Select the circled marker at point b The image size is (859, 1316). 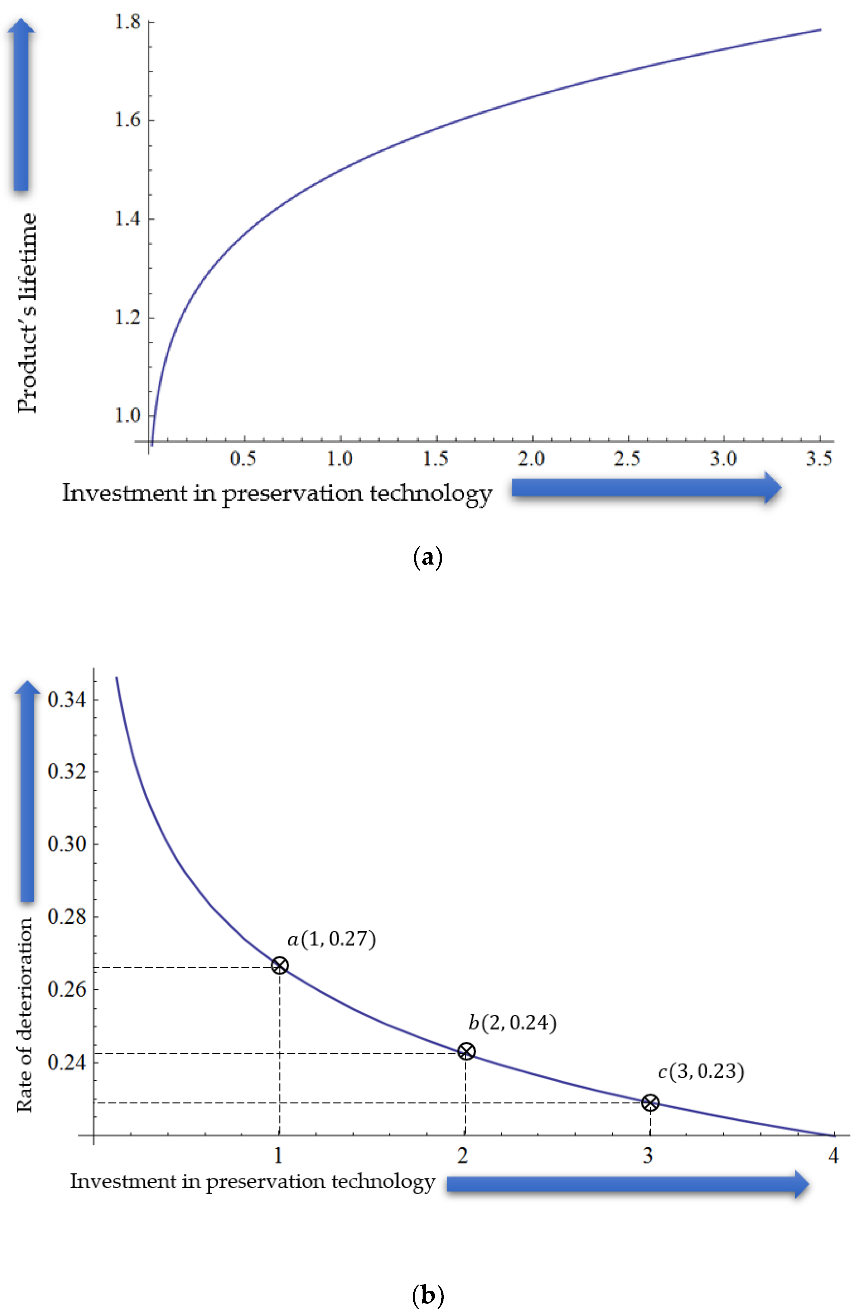(x=466, y=1051)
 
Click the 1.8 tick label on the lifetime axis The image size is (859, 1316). (x=128, y=22)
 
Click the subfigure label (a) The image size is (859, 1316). (x=427, y=558)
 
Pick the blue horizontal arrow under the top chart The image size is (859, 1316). (x=646, y=488)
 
